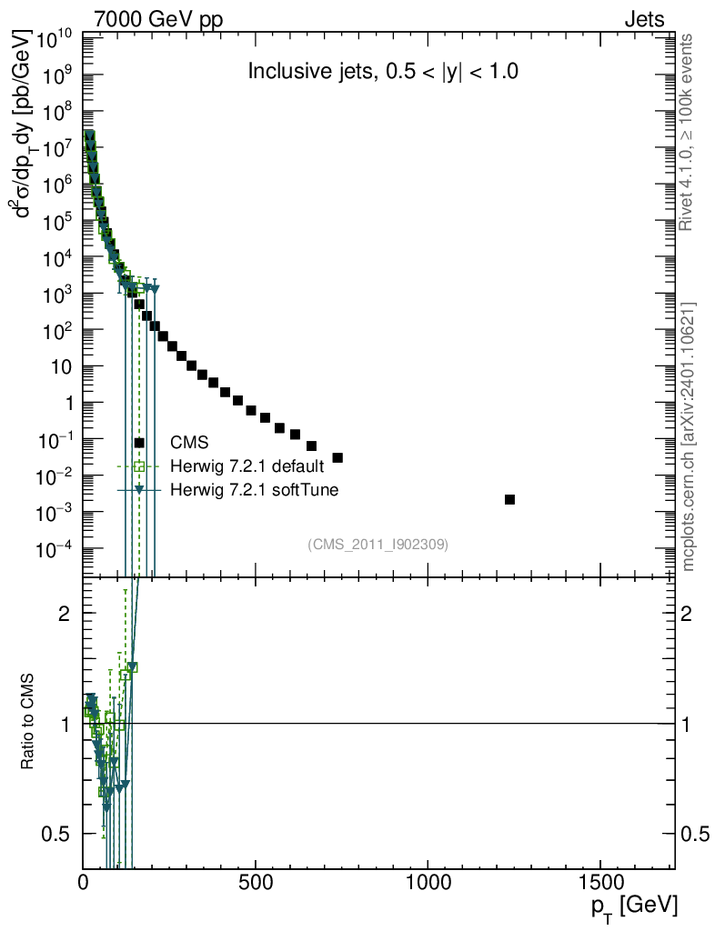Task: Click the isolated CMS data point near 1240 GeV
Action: [509, 499]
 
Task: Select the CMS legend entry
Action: [189, 443]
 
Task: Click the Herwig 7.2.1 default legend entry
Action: [246, 467]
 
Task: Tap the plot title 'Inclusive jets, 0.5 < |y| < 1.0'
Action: [383, 73]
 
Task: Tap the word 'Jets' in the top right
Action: [643, 18]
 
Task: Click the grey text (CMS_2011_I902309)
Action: [378, 544]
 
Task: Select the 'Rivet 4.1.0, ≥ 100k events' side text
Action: [689, 132]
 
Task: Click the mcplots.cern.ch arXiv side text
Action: [689, 436]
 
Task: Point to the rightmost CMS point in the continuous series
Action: [337, 457]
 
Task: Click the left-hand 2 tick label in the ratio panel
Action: [64, 613]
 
